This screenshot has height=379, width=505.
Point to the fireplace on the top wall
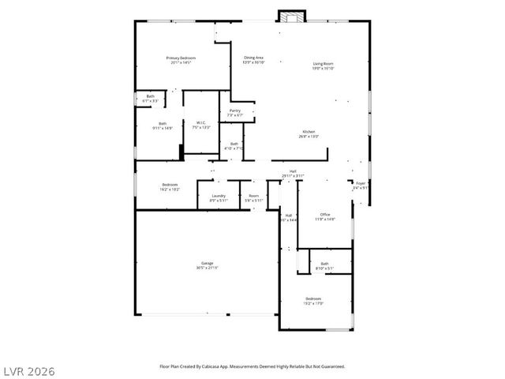[x=290, y=17]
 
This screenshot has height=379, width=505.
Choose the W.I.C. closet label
[x=201, y=124]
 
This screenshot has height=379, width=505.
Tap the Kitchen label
[x=308, y=133]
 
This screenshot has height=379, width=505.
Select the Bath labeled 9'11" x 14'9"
[x=162, y=126]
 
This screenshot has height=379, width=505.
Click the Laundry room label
[x=219, y=197]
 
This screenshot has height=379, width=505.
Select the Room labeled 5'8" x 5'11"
[x=253, y=197]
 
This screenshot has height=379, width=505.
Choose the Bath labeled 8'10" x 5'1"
[x=324, y=266]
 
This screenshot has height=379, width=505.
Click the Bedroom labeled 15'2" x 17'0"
[x=313, y=301]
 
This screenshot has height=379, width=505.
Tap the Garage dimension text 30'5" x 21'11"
[x=207, y=268]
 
